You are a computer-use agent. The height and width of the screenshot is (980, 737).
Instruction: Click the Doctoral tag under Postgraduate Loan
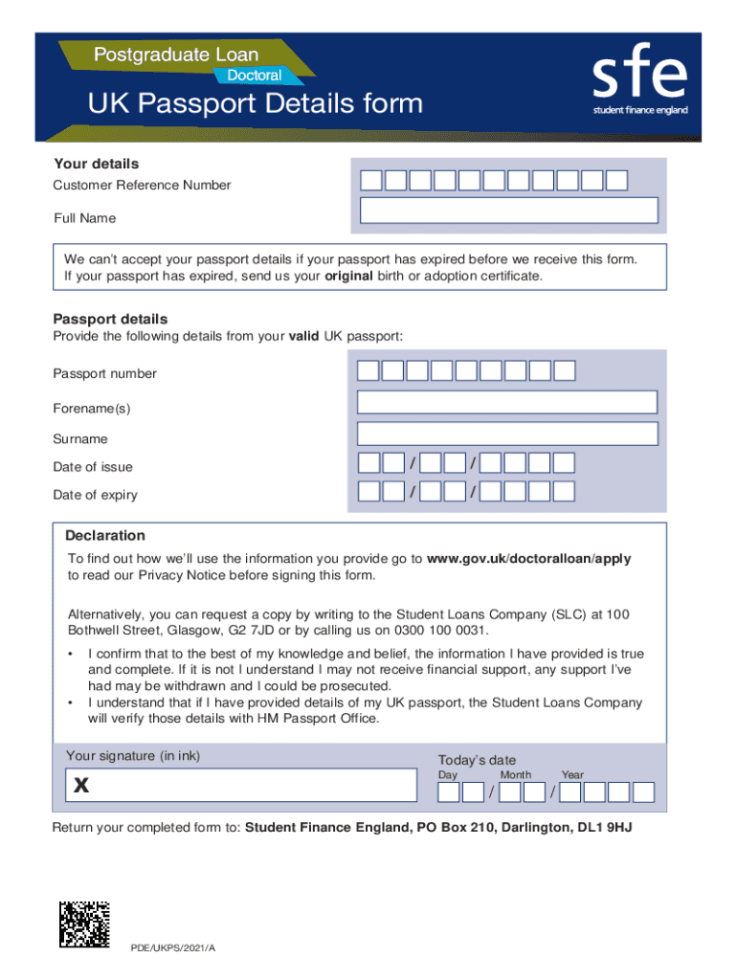coord(254,74)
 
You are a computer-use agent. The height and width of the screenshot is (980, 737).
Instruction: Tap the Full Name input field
coord(507,211)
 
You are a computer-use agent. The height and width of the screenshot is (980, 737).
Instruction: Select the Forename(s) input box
coord(507,402)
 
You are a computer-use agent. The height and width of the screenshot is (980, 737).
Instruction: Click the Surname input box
coord(507,434)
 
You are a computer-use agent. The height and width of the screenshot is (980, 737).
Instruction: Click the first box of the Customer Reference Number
coord(370,180)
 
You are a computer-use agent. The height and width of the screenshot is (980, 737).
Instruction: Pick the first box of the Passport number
coord(368,371)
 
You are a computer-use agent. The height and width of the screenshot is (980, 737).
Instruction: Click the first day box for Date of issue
coord(368,463)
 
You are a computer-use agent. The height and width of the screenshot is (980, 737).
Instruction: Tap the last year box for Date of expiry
coord(564,492)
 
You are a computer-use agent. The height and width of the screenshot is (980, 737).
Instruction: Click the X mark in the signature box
coord(81,787)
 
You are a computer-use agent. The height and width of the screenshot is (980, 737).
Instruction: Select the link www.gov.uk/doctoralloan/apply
coord(528,559)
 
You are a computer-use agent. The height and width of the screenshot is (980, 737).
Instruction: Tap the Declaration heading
coord(105,536)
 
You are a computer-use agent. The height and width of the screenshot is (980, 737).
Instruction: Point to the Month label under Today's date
coord(515,775)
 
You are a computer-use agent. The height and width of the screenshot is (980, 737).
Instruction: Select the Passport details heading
coord(110,319)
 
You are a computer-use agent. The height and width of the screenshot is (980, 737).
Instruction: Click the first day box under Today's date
coord(449,792)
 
